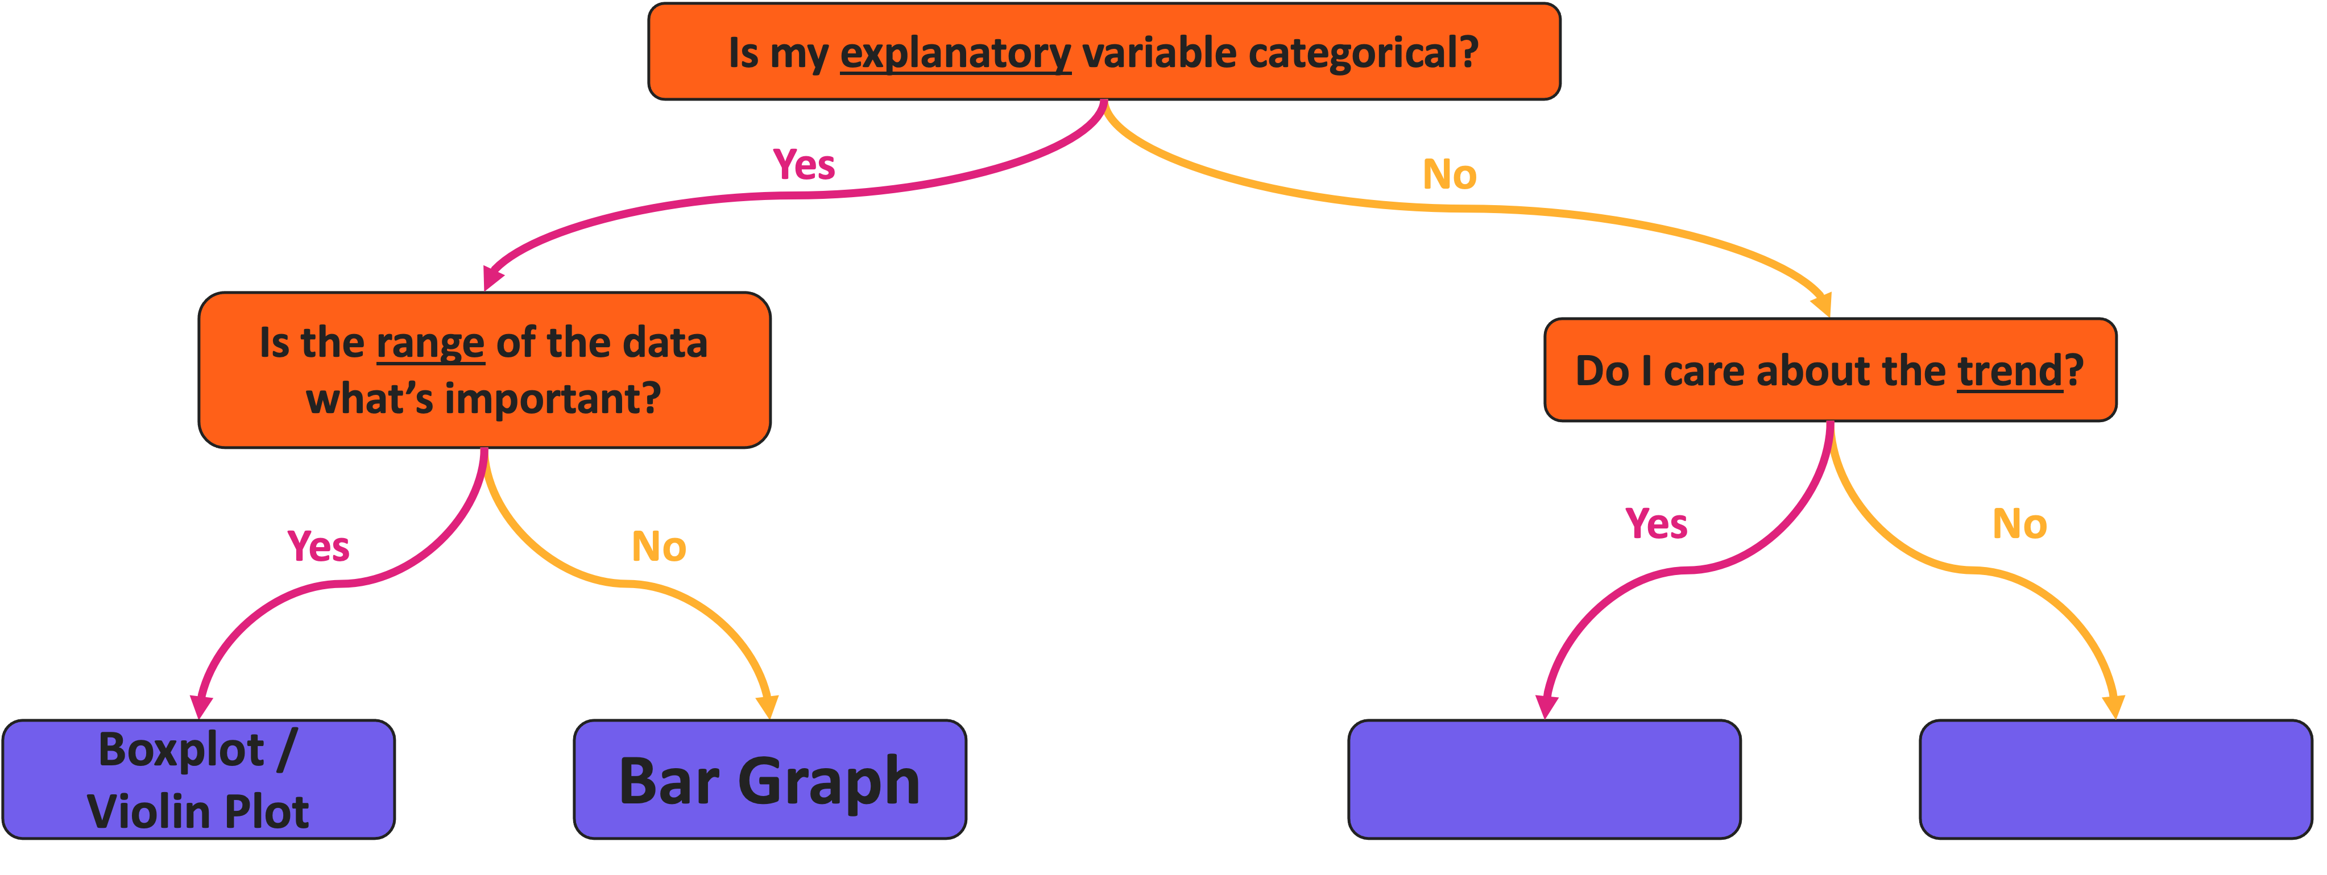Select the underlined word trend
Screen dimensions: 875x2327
[2010, 371]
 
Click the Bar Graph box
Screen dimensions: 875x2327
[769, 780]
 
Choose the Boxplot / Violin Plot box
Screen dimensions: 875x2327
[198, 780]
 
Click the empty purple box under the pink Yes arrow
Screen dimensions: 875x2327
[1544, 780]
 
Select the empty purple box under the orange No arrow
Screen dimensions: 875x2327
[2115, 780]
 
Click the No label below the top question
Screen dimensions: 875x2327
[1449, 175]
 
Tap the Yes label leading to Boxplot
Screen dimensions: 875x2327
[318, 547]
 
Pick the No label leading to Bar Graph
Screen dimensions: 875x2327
[659, 547]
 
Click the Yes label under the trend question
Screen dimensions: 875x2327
[1656, 524]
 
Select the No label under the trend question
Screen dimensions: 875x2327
[2020, 524]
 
